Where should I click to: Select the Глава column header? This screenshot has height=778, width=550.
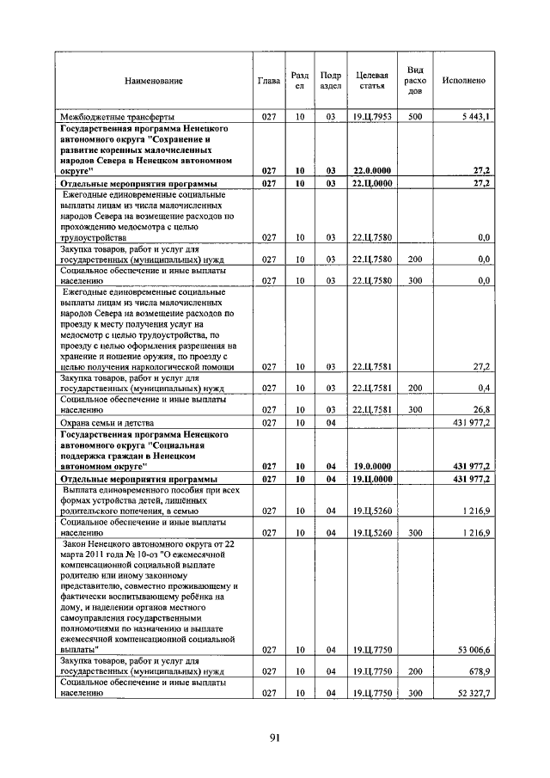(269, 81)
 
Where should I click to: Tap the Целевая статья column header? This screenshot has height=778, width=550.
(371, 81)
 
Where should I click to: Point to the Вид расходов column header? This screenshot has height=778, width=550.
(415, 80)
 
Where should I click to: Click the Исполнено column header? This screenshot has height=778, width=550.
(463, 81)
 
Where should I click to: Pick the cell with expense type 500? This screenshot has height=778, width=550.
(415, 116)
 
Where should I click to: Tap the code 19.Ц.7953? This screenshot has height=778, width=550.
(371, 116)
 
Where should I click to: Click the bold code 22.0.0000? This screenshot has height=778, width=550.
(371, 170)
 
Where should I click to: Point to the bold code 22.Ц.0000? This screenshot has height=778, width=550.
(371, 183)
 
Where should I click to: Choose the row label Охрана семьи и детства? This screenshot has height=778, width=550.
(107, 423)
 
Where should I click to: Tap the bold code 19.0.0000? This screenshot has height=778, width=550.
(371, 466)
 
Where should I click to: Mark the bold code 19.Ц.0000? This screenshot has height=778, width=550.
(371, 479)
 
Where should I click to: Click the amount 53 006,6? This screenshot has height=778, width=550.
(472, 650)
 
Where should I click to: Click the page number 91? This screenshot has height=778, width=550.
(275, 737)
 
